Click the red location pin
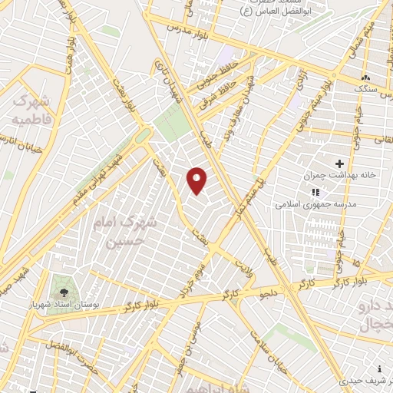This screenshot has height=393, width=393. pyautogui.click(x=197, y=180)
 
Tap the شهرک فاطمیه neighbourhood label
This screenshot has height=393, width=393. pyautogui.click(x=31, y=110)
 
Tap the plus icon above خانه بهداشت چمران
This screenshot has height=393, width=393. pyautogui.click(x=339, y=163)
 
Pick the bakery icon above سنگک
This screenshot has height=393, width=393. pyautogui.click(x=365, y=78)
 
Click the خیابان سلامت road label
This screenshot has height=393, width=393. pyautogui.click(x=271, y=352)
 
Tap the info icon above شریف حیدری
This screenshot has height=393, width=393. pyautogui.click(x=380, y=368)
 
